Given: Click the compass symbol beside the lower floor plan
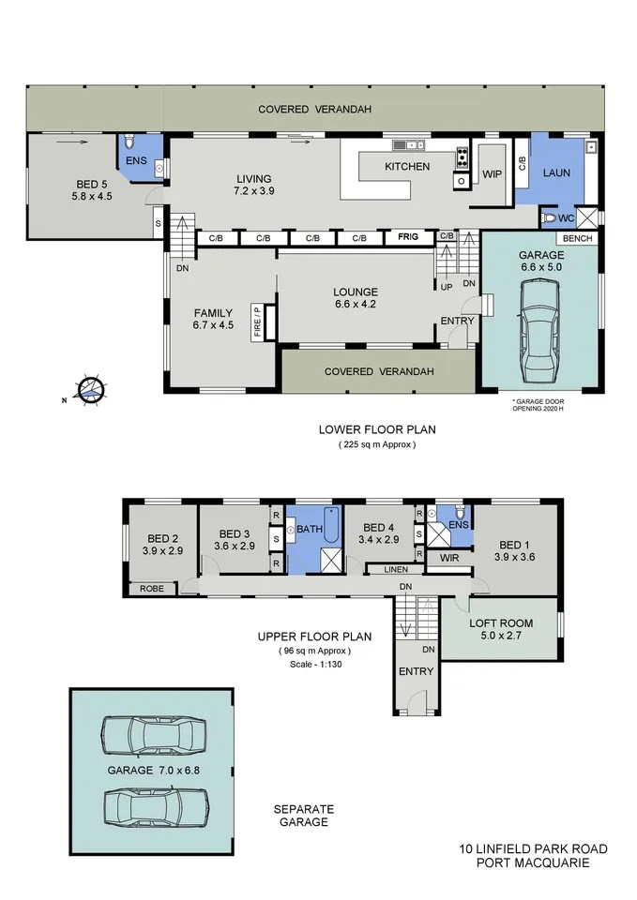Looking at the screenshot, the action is pyautogui.click(x=91, y=391).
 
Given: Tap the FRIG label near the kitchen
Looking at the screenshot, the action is pyautogui.click(x=408, y=236).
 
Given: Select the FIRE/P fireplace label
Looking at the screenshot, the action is pyautogui.click(x=257, y=322).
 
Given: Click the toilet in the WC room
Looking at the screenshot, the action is pyautogui.click(x=549, y=218).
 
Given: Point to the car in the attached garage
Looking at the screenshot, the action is pyautogui.click(x=540, y=331).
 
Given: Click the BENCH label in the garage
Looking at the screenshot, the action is pyautogui.click(x=577, y=238).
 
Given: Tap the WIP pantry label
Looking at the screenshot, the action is pyautogui.click(x=492, y=174).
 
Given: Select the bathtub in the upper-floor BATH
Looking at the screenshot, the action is pyautogui.click(x=331, y=525).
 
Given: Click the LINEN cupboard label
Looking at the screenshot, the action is pyautogui.click(x=396, y=569).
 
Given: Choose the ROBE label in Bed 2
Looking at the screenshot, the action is pyautogui.click(x=152, y=589).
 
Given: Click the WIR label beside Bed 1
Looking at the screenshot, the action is pyautogui.click(x=449, y=557).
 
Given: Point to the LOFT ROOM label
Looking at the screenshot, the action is pyautogui.click(x=501, y=622).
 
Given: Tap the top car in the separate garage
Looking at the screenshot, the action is pyautogui.click(x=154, y=735).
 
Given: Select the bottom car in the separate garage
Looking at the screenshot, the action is pyautogui.click(x=156, y=807).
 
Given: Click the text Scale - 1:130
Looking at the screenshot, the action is pyautogui.click(x=316, y=664).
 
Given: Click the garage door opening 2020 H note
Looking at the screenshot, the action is pyautogui.click(x=538, y=405).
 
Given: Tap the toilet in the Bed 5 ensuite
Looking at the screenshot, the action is pyautogui.click(x=129, y=142).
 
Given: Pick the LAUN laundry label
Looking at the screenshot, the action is pyautogui.click(x=556, y=172).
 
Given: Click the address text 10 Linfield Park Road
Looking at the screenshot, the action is pyautogui.click(x=533, y=849).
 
